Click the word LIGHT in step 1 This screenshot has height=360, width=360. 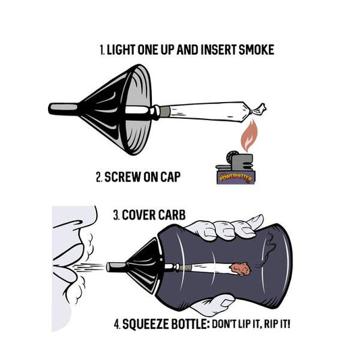pos(121,50)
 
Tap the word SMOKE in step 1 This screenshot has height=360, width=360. pos(257,50)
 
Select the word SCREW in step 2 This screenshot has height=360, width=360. pos(122,177)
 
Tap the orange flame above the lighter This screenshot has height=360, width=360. pos(249,136)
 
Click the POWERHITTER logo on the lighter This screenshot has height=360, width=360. pos(236,178)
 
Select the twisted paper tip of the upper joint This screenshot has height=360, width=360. pos(258,109)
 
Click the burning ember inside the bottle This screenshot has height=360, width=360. pos(240,269)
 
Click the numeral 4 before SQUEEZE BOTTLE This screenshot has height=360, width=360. pos(117,324)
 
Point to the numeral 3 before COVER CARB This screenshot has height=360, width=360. pos(115,215)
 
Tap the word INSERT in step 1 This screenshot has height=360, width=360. pos(218,50)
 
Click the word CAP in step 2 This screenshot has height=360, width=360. pos(170,177)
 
